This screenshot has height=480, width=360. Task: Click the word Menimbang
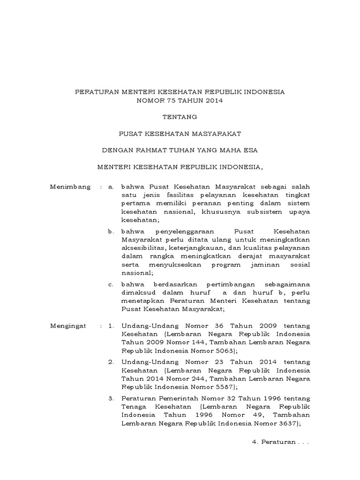click(x=70, y=187)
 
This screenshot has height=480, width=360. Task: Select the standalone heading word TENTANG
click(x=180, y=117)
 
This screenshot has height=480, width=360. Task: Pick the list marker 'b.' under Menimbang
click(x=111, y=232)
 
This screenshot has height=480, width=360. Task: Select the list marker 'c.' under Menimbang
click(x=111, y=285)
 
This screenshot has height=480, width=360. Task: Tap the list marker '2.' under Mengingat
click(x=111, y=362)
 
